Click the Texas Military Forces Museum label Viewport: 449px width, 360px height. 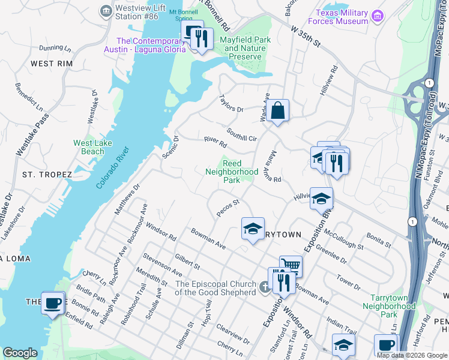(x=342, y=17)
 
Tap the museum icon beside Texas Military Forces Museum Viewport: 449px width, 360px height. (x=378, y=15)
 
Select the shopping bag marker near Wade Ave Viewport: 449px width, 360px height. (x=278, y=111)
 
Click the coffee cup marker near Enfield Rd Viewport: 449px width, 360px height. (x=53, y=302)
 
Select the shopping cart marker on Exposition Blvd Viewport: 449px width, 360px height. (x=291, y=265)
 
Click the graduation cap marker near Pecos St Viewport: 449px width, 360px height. (x=253, y=227)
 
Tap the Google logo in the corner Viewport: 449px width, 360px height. (x=20, y=353)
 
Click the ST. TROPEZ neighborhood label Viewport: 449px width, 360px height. (x=47, y=174)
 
